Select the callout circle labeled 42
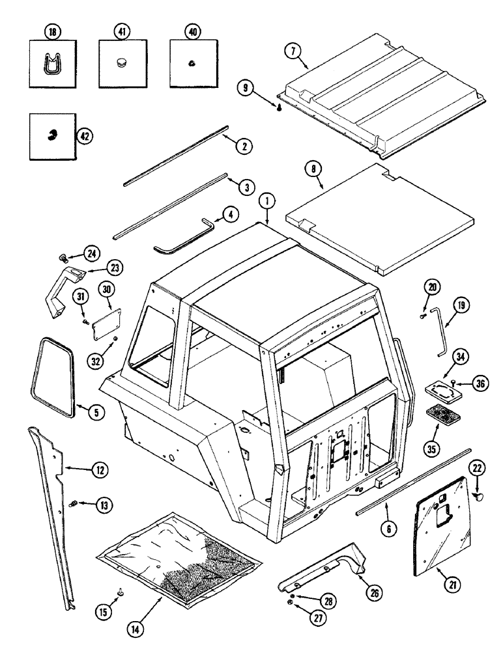coord(83,135)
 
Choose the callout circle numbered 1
coord(266,204)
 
